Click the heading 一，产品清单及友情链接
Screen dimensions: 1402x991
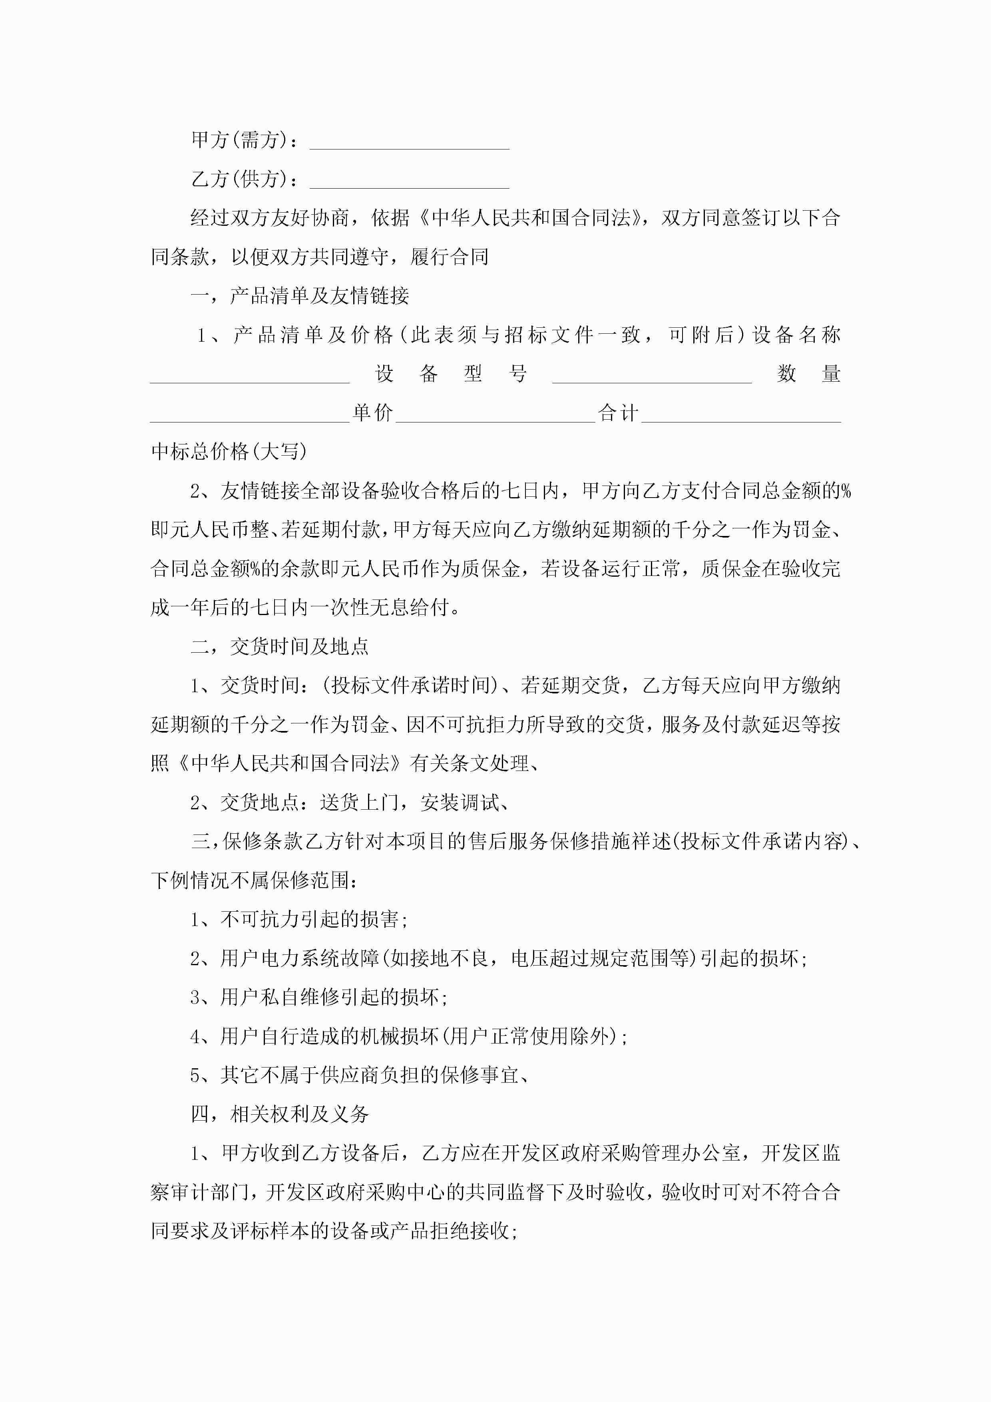[x=299, y=296]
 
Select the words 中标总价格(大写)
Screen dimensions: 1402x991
[x=229, y=452]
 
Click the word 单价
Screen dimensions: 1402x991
[x=372, y=413]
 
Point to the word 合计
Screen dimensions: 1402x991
[x=618, y=413]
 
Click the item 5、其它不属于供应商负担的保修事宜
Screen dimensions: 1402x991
[x=359, y=1075]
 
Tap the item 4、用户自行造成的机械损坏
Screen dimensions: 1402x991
[x=408, y=1036]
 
